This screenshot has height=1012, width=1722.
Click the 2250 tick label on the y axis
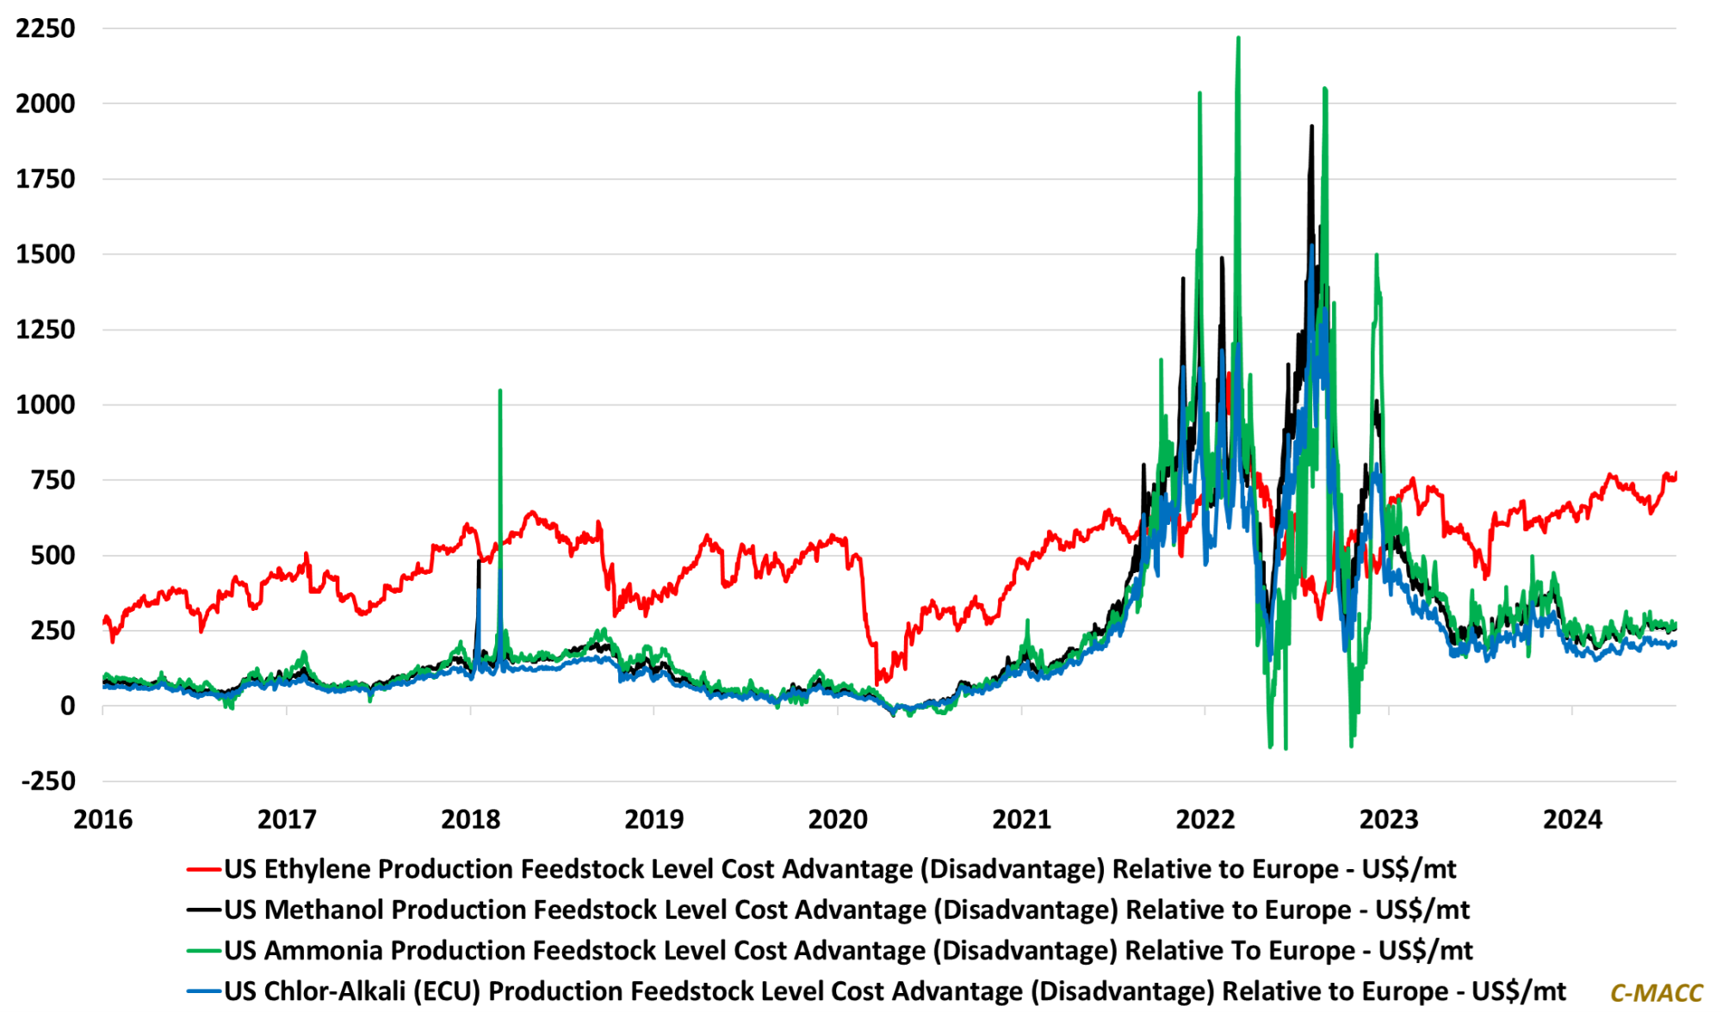coord(46,28)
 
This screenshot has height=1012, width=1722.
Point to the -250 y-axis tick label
coord(49,781)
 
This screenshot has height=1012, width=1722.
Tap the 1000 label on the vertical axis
coord(46,404)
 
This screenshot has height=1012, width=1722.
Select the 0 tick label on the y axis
coord(67,707)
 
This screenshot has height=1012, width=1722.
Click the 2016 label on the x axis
coord(103,819)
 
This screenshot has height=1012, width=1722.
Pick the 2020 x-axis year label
coord(838,819)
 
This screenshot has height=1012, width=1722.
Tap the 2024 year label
coord(1572,819)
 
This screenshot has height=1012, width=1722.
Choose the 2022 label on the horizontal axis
coord(1205,819)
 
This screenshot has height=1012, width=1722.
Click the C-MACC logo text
coord(1656,993)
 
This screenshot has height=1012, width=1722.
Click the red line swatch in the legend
coord(204,870)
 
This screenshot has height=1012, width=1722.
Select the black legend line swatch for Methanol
coord(204,910)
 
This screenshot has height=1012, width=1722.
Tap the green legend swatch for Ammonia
coord(204,951)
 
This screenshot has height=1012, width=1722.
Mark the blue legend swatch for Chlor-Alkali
coord(204,991)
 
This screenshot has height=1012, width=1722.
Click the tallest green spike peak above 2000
coord(1238,38)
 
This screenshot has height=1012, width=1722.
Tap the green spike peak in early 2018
coord(500,392)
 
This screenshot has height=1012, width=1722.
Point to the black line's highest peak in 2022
coord(1311,126)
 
